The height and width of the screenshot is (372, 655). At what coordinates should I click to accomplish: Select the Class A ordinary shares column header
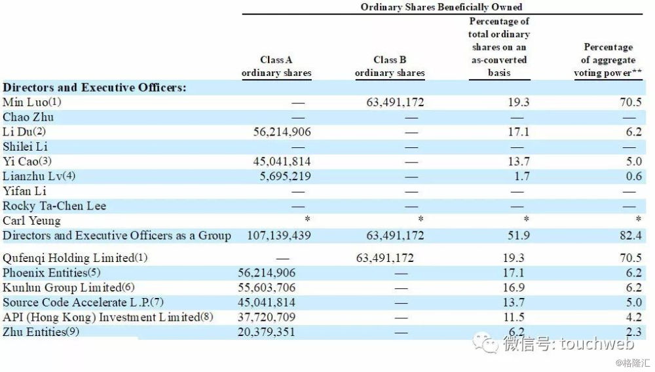click(x=276, y=66)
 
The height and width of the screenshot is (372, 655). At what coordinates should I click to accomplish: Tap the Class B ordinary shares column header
click(x=390, y=66)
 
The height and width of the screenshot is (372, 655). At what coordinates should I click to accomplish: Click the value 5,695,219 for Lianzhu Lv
click(x=282, y=176)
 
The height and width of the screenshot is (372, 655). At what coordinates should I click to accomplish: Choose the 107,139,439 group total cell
click(x=278, y=236)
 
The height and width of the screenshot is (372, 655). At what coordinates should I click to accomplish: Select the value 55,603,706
click(x=268, y=288)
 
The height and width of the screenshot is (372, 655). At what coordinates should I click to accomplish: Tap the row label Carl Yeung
click(x=31, y=221)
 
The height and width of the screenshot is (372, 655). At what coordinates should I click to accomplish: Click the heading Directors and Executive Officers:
click(x=94, y=87)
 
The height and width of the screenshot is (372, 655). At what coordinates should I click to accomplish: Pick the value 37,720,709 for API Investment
click(x=268, y=317)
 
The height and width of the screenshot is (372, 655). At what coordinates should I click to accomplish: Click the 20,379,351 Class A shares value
click(x=268, y=332)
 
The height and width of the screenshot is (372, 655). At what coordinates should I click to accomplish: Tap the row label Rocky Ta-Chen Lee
click(x=54, y=206)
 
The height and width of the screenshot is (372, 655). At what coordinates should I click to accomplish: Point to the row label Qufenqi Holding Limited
click(x=75, y=258)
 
